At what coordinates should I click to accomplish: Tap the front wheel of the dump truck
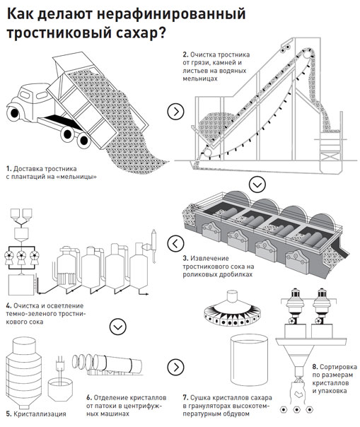13,112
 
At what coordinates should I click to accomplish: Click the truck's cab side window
42,95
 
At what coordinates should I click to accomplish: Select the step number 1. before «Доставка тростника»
8,169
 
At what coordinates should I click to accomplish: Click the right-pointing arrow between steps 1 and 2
176,111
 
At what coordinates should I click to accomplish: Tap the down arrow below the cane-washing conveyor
257,185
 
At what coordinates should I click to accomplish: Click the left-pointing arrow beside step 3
176,243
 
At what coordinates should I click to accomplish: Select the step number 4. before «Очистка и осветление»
9,306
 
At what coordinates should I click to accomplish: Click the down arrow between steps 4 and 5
118,327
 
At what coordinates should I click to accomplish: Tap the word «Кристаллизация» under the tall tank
40,414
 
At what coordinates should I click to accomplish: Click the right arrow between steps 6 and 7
176,367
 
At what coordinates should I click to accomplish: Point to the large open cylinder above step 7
249,360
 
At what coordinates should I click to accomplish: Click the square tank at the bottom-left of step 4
21,285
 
